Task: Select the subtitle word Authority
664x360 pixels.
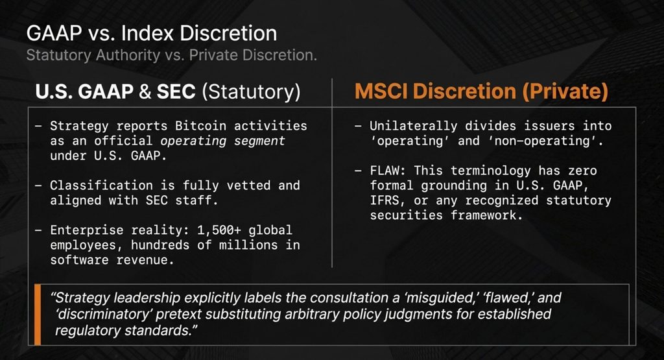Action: pos(128,56)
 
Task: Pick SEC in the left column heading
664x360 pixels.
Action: pos(176,91)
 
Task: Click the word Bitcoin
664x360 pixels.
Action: pos(201,126)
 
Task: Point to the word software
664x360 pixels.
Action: pos(79,259)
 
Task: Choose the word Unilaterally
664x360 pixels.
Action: pos(413,126)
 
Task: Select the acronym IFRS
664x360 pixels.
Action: pos(385,200)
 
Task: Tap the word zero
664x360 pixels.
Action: pos(583,171)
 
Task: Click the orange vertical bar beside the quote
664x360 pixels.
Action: pos(38,315)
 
